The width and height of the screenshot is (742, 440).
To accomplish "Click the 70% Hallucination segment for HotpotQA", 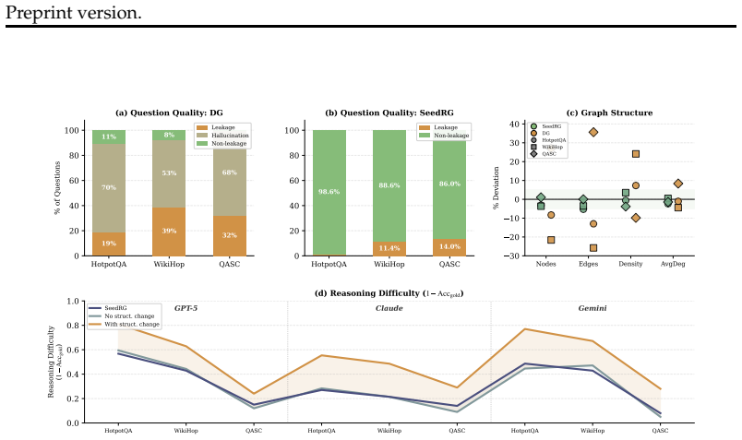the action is point(109,187).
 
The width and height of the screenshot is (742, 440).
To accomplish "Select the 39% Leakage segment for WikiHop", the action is point(169,232).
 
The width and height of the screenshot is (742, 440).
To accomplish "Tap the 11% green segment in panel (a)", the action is point(109,137).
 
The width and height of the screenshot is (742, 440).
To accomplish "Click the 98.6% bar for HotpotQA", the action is point(329,192).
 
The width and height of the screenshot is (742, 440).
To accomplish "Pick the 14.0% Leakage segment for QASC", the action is point(449,247).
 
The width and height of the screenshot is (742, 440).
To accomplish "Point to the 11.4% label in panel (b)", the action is point(389,248).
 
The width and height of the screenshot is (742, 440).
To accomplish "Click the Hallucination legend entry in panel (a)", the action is point(222,136).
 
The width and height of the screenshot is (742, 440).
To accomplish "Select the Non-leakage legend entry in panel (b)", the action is point(444,136).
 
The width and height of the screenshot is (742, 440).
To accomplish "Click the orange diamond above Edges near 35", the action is point(592,132).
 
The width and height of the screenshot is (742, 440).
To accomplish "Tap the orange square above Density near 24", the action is point(636,154).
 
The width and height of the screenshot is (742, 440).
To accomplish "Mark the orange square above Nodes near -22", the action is point(551,240).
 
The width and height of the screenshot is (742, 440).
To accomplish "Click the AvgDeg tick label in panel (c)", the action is point(673,264).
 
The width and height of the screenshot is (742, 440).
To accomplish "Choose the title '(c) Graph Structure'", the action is point(609,113).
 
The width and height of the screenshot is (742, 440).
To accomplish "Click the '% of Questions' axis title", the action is point(58,188).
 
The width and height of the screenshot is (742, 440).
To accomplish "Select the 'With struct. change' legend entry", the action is point(124,324).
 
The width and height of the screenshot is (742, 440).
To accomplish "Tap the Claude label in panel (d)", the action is point(389,308).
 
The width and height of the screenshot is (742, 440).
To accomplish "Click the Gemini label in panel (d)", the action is point(592,308).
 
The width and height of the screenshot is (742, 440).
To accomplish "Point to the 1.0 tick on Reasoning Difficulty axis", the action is point(73,301).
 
